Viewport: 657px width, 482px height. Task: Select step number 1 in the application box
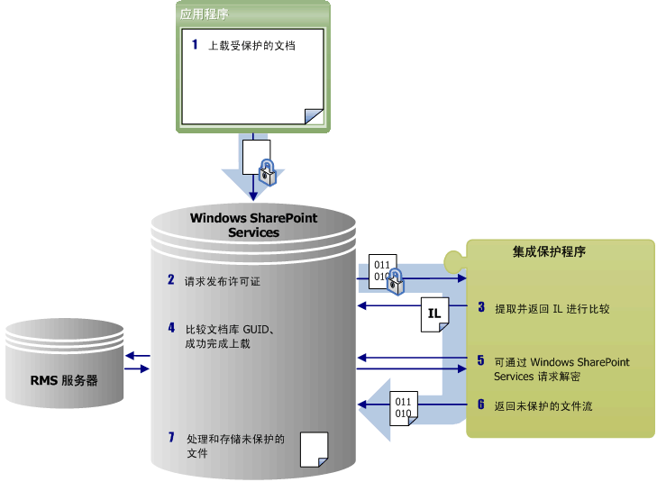pos(195,44)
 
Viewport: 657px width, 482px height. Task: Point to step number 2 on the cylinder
pos(170,280)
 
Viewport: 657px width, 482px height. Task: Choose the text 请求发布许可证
pos(223,281)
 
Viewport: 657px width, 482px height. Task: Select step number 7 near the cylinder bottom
pos(170,439)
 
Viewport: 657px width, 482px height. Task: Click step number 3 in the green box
pos(481,308)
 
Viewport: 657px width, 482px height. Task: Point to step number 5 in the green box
pos(481,360)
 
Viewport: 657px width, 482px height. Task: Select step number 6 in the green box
pos(481,405)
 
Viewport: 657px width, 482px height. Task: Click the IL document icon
pos(433,314)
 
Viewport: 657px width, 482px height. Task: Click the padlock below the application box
pos(267,171)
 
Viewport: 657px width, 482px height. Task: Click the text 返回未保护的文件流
pos(543,406)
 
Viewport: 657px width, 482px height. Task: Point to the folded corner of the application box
pos(314,115)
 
